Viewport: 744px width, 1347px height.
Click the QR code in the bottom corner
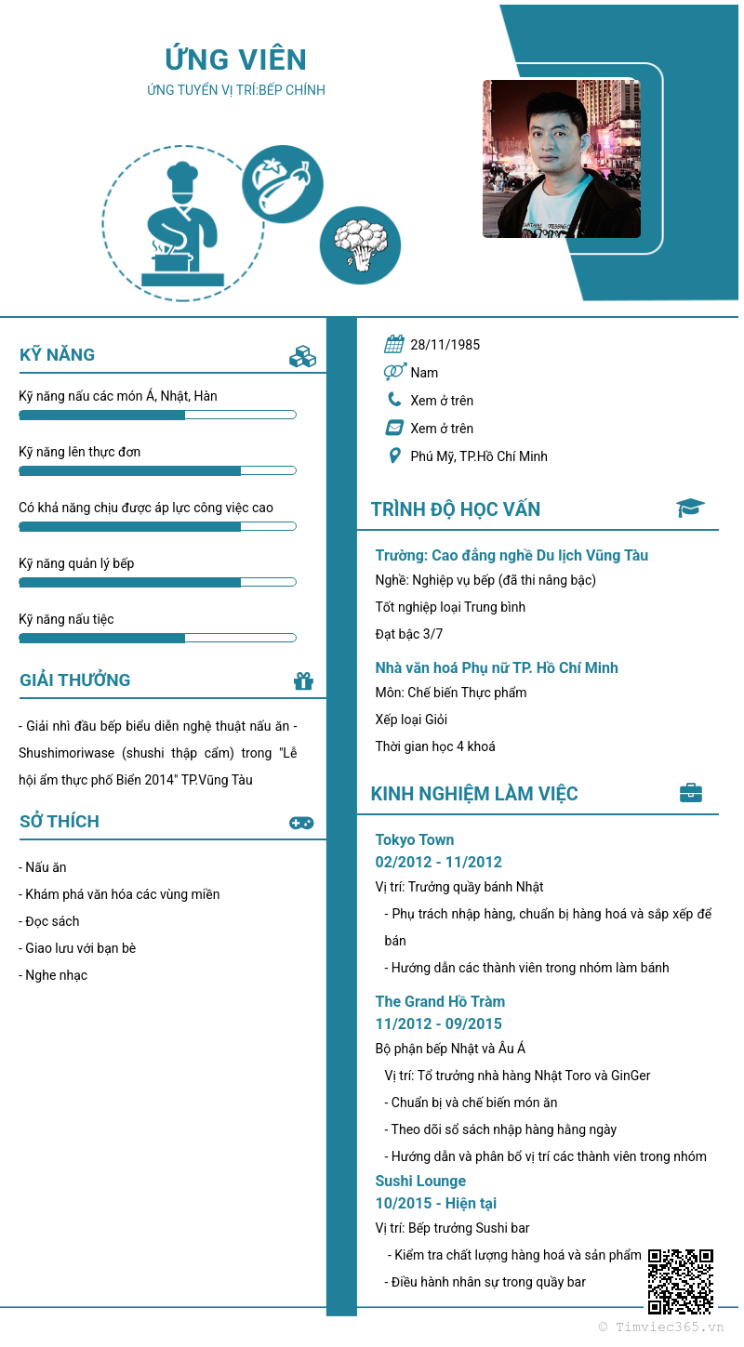[x=681, y=1281]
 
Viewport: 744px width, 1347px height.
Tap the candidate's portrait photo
[x=562, y=158]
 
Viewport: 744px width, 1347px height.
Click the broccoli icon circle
[x=360, y=245]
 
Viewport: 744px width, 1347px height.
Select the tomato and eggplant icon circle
[x=283, y=184]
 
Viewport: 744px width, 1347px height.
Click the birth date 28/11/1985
[x=445, y=345]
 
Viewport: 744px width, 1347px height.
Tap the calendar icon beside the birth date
[x=394, y=344]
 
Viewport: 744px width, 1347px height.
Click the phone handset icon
[x=394, y=400]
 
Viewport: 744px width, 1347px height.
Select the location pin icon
[x=394, y=456]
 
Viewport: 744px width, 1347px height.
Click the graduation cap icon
[x=690, y=508]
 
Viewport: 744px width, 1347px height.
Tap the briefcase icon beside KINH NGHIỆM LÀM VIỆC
[x=690, y=793]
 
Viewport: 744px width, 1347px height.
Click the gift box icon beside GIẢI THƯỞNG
[x=303, y=680]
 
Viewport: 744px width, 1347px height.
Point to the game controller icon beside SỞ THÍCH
[x=301, y=823]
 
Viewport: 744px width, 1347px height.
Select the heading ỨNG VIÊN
[x=236, y=59]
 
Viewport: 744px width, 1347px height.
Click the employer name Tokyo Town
[x=415, y=839]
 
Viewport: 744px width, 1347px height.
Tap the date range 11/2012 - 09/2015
[x=439, y=1023]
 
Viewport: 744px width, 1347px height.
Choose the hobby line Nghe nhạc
[x=53, y=975]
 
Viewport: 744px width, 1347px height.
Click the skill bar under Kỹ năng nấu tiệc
[x=157, y=638]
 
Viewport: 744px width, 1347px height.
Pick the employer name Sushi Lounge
[x=420, y=1181]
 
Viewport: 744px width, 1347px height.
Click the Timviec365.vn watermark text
[x=661, y=1327]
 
